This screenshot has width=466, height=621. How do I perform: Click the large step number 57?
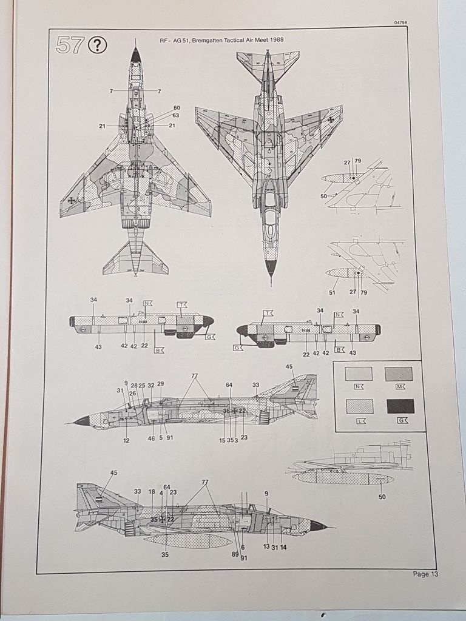click(69, 45)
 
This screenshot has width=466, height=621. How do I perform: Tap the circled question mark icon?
click(97, 45)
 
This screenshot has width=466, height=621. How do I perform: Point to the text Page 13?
click(425, 574)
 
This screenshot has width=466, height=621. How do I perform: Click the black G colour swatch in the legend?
click(399, 406)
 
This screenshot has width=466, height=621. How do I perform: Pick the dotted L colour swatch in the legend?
click(359, 406)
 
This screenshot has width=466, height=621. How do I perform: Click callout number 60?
click(177, 108)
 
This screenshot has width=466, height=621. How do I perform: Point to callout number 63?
click(176, 115)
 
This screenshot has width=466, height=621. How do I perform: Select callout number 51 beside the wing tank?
click(332, 292)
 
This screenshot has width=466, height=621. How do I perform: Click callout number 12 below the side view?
click(126, 440)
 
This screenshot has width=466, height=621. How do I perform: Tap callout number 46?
click(151, 438)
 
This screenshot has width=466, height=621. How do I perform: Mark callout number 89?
click(235, 554)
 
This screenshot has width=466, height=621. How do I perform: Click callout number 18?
click(152, 492)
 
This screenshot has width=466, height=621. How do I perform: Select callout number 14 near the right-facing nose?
click(283, 547)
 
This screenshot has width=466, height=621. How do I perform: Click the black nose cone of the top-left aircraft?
click(135, 56)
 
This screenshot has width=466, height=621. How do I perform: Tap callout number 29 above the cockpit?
click(160, 384)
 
